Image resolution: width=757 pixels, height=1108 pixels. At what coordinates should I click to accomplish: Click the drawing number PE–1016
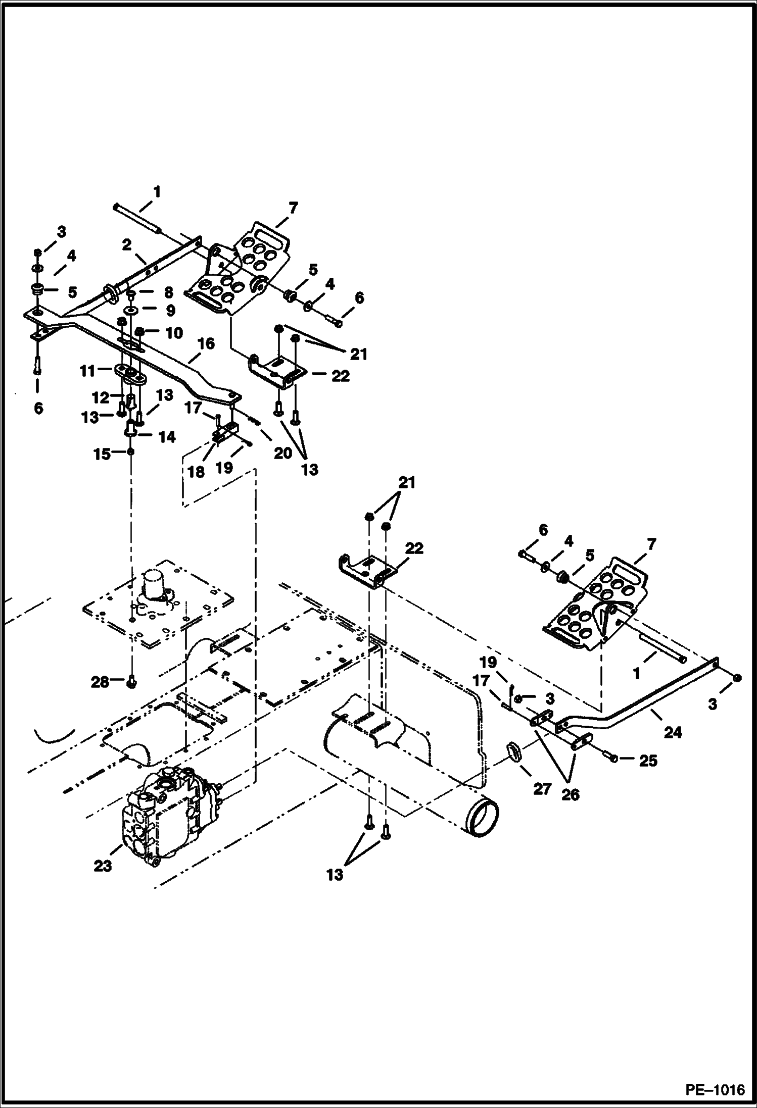(x=715, y=1090)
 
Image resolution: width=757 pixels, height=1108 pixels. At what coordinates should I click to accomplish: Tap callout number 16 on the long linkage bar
(x=206, y=344)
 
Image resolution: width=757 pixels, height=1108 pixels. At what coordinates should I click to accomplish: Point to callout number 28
(x=100, y=682)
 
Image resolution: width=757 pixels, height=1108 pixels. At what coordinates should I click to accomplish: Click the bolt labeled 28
(x=131, y=682)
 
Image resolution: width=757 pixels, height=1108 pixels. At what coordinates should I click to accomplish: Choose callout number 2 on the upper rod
(x=126, y=245)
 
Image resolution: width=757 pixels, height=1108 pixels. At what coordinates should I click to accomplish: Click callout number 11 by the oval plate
(x=87, y=371)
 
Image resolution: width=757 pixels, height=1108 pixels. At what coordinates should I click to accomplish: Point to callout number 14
(x=166, y=437)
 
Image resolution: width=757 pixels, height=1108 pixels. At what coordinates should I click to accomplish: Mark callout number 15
(x=102, y=454)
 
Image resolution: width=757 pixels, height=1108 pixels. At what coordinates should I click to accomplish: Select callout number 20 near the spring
(x=283, y=453)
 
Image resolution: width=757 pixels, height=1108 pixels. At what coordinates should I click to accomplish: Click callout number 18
(x=197, y=472)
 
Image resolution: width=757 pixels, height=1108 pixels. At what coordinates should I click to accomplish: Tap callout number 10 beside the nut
(x=173, y=333)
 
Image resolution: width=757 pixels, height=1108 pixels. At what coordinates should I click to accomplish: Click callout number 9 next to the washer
(x=170, y=310)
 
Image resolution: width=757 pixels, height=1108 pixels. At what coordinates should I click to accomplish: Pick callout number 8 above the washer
(x=168, y=293)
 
